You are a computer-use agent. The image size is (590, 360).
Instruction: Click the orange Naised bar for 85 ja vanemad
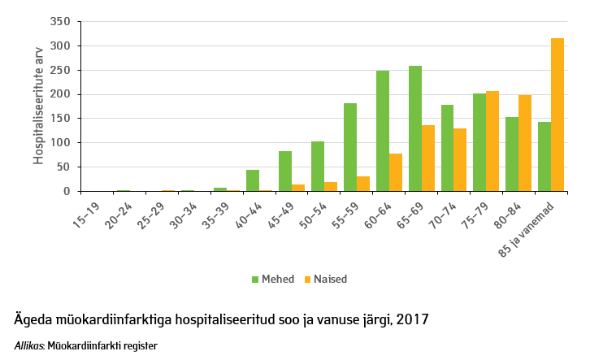(x=557, y=115)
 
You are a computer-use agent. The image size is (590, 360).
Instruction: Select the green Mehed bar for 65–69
(x=415, y=128)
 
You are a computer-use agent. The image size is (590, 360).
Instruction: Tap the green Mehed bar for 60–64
(x=383, y=131)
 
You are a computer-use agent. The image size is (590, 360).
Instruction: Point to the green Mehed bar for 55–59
(x=350, y=147)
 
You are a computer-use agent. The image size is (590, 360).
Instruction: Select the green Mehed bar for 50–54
(x=318, y=167)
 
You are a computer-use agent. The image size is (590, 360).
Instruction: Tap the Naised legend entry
(x=324, y=279)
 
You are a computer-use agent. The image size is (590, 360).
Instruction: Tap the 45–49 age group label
(x=281, y=210)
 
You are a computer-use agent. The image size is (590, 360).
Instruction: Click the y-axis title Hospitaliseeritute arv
(x=38, y=106)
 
